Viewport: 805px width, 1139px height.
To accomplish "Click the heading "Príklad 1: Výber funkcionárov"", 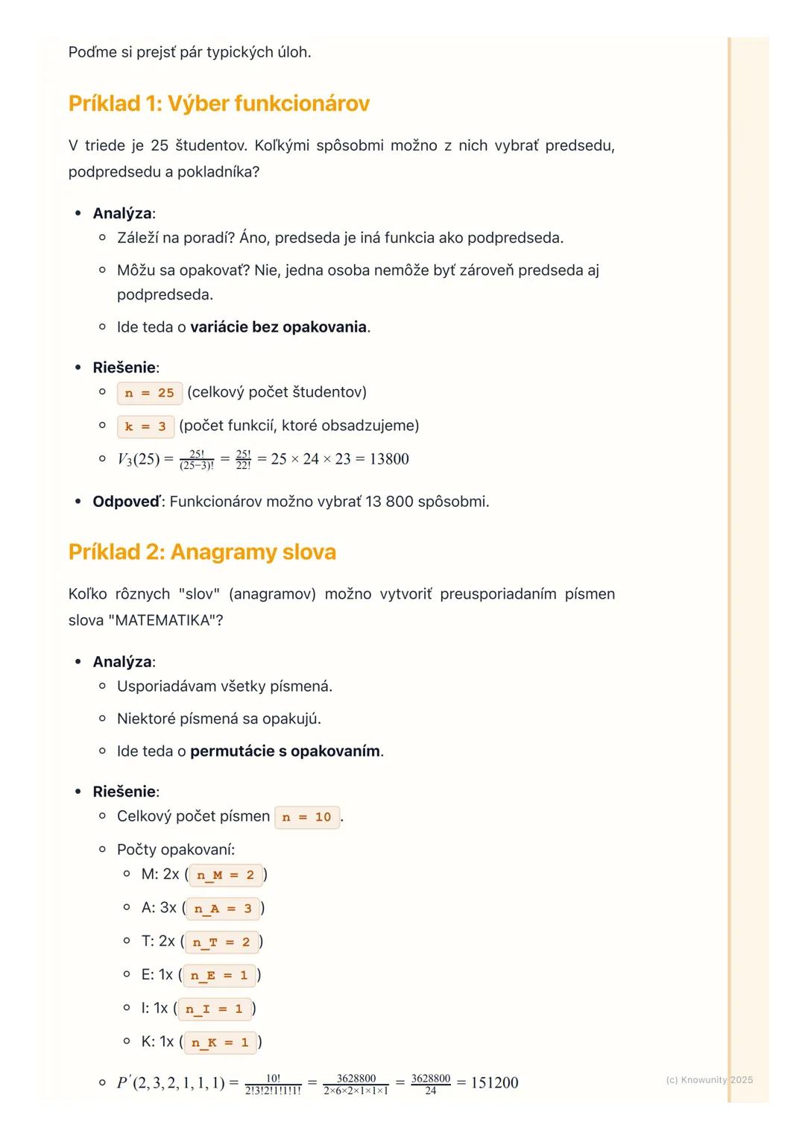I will pyautogui.click(x=218, y=104).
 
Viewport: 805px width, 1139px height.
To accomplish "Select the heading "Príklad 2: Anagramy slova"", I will pyautogui.click(x=202, y=552).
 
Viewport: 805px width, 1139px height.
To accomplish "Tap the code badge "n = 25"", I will pyautogui.click(x=149, y=393).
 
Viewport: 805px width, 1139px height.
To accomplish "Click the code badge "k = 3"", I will pyautogui.click(x=145, y=426).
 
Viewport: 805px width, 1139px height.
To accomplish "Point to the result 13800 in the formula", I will pyautogui.click(x=389, y=459).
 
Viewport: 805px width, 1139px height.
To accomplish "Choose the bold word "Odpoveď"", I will pyautogui.click(x=126, y=502).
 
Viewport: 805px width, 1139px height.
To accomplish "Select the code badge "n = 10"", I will pyautogui.click(x=306, y=817).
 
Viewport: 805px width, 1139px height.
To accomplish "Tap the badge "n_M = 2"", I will pyautogui.click(x=225, y=875).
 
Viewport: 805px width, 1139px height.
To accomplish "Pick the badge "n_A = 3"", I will pyautogui.click(x=223, y=909).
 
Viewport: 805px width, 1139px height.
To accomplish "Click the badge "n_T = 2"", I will pyautogui.click(x=221, y=942).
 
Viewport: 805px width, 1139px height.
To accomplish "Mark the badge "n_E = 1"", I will pyautogui.click(x=218, y=975).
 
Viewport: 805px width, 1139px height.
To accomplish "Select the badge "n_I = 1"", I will pyautogui.click(x=214, y=1009).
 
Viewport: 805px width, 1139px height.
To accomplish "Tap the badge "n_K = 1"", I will pyautogui.click(x=220, y=1042).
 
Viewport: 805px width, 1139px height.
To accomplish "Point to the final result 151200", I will pyautogui.click(x=494, y=1083).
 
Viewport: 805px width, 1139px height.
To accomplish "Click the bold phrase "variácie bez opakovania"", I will pyautogui.click(x=278, y=327).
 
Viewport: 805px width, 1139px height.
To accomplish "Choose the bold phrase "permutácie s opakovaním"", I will pyautogui.click(x=285, y=751).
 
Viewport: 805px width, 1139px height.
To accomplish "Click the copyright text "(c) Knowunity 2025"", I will pyautogui.click(x=709, y=1080).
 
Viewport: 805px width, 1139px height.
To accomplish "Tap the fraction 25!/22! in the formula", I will pyautogui.click(x=243, y=460).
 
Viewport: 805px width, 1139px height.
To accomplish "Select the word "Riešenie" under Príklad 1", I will pyautogui.click(x=124, y=367).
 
